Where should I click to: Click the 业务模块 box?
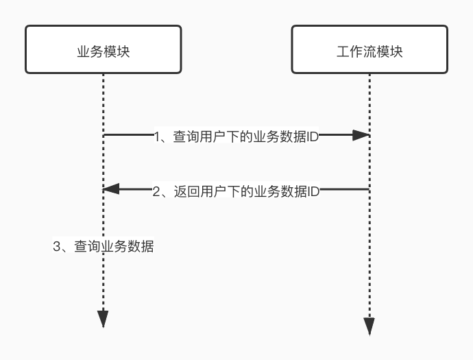click(103, 49)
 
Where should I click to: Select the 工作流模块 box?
click(369, 49)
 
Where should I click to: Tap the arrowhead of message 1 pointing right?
click(361, 136)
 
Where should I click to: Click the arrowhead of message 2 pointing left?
click(111, 189)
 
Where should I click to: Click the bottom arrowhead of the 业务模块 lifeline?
click(103, 318)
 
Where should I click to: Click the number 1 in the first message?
click(158, 136)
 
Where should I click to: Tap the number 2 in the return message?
click(156, 191)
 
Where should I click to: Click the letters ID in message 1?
click(313, 136)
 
